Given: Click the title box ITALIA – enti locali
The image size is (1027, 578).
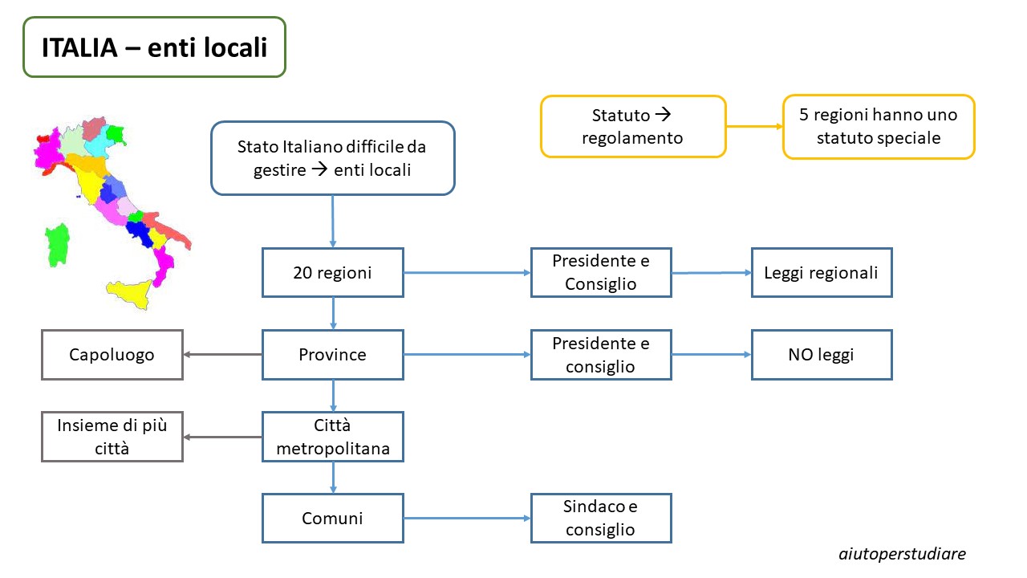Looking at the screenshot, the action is coord(155,47).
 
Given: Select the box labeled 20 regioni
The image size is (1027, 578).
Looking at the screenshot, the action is coord(333,272).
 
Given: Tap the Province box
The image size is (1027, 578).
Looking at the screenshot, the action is coord(333,355).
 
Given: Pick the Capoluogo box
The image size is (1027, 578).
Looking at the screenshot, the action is coord(112,355).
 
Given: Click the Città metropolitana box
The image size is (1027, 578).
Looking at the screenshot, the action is coord(333,436).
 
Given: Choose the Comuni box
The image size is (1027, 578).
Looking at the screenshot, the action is coord(333,519).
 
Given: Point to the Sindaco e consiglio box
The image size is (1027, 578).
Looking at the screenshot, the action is coord(601,519).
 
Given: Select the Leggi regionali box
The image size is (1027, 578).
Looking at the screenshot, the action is coord(822,272).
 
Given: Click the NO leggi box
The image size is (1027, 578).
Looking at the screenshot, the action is coord(822,355).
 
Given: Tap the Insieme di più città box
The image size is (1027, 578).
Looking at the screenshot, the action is coord(112,436).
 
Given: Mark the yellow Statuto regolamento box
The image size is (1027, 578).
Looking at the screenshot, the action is coord(633,127).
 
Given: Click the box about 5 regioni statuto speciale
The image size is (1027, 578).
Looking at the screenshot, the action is coord(879,127).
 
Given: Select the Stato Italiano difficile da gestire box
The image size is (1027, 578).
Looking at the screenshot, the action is coord(333,158).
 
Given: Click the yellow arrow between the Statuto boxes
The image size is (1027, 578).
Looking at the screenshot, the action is coord(755,126).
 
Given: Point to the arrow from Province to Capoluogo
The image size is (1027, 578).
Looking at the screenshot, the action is coord(223,354).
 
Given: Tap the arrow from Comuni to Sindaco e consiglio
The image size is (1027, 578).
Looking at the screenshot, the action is coord(467,519).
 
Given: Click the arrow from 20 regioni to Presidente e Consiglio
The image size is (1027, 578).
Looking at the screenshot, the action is coord(467,272).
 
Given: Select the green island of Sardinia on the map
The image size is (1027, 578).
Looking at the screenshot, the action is coord(57,245).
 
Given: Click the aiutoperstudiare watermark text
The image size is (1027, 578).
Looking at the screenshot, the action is coord(903,554).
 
